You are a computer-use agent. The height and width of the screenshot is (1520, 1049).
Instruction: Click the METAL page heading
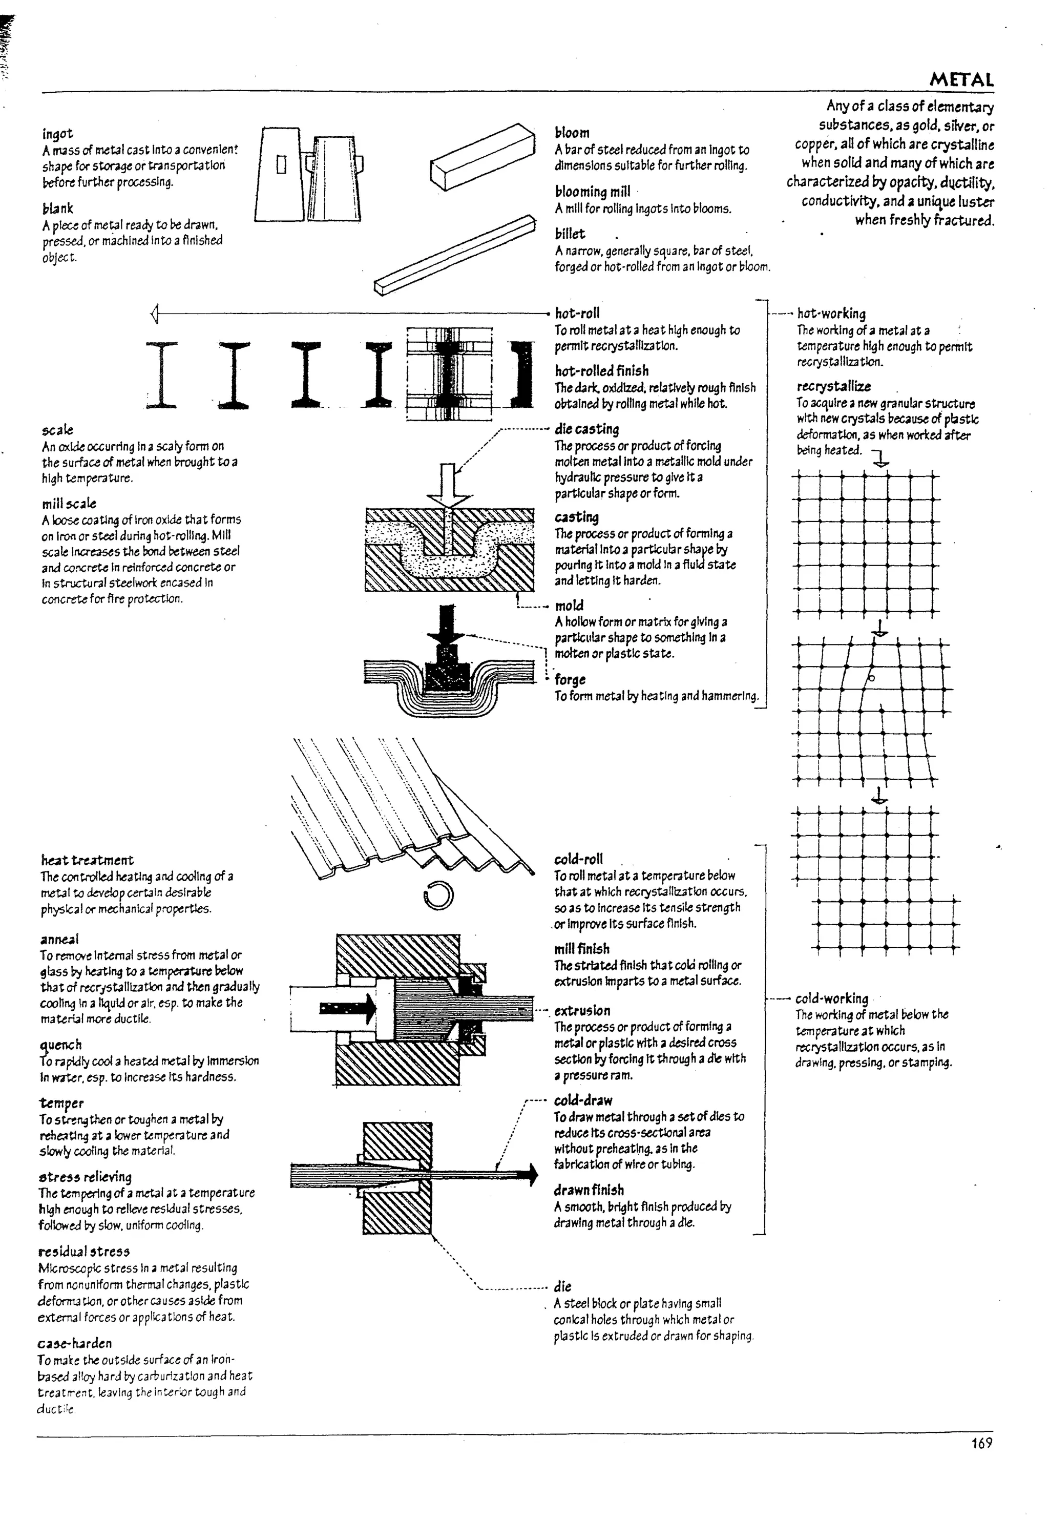click(x=961, y=80)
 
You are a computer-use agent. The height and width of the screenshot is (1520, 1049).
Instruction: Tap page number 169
click(x=981, y=1443)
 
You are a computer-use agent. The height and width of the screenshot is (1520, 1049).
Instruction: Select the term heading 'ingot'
click(x=58, y=134)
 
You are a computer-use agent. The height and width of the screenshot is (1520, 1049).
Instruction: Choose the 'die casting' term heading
click(x=587, y=429)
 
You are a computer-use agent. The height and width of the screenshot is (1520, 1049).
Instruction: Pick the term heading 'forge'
click(x=570, y=680)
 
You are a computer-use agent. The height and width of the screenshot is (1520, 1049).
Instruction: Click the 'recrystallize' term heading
click(x=833, y=387)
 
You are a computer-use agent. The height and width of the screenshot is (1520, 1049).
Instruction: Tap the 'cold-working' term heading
click(x=831, y=998)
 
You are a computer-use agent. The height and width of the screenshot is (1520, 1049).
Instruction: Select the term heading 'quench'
click(x=60, y=1045)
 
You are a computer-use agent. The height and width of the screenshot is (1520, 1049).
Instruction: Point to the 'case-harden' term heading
click(x=74, y=1343)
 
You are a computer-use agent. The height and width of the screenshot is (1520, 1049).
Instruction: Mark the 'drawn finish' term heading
click(x=589, y=1190)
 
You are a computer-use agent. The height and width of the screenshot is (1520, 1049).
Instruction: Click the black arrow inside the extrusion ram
click(x=348, y=1008)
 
